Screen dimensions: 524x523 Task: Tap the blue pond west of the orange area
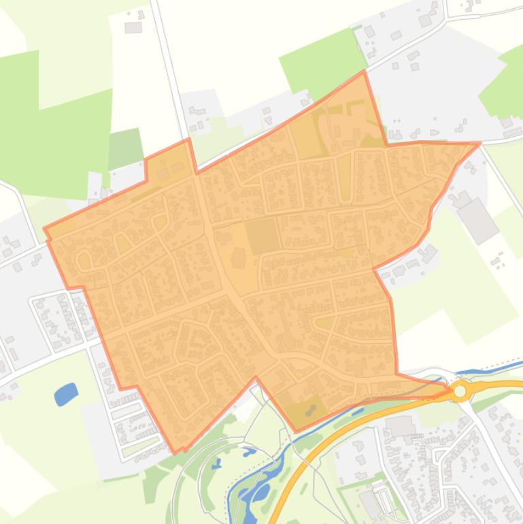pyautogui.click(x=66, y=393)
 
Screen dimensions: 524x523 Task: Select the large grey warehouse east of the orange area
pyautogui.click(x=478, y=220)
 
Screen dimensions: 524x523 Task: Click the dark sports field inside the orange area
pyautogui.click(x=262, y=237)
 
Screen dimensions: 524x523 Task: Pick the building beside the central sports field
pyautogui.click(x=239, y=258)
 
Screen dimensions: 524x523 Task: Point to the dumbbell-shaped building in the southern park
pyautogui.click(x=311, y=410)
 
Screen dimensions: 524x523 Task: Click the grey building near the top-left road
pyautogui.click(x=133, y=27)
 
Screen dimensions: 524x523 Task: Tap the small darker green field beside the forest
pyautogui.click(x=126, y=148)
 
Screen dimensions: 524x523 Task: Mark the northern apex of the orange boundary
pyautogui.click(x=364, y=71)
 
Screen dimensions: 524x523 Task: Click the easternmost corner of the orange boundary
pyautogui.click(x=479, y=143)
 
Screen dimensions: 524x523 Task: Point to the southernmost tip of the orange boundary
pyautogui.click(x=175, y=452)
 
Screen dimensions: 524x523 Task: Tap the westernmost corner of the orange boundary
pyautogui.click(x=44, y=229)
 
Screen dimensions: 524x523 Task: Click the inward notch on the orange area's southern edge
pyautogui.click(x=256, y=378)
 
